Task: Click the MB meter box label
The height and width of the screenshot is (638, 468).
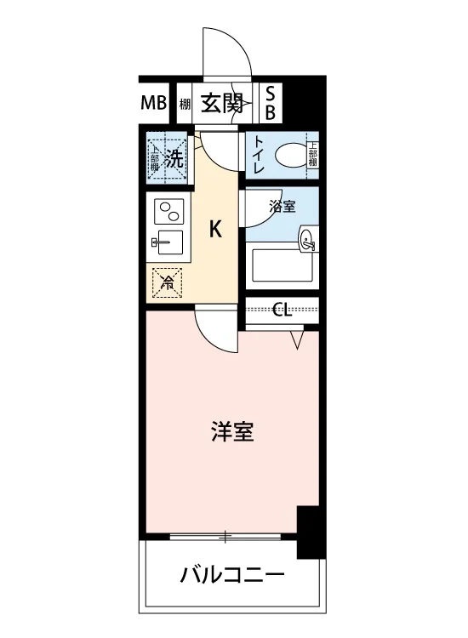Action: pyautogui.click(x=154, y=103)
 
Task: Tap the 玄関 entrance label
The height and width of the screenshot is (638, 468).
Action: pyautogui.click(x=223, y=103)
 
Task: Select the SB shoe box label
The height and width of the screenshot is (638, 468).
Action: pyautogui.click(x=271, y=103)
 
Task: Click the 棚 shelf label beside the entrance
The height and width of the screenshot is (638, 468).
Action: pyautogui.click(x=185, y=105)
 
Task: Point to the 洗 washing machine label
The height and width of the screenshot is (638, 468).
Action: pyautogui.click(x=174, y=158)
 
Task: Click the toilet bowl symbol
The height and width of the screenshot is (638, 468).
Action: pyautogui.click(x=290, y=156)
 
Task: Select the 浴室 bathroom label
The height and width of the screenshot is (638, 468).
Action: pyautogui.click(x=282, y=207)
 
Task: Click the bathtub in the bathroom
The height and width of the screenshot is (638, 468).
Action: pyautogui.click(x=283, y=265)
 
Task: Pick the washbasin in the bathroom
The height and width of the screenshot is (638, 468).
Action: pyautogui.click(x=308, y=239)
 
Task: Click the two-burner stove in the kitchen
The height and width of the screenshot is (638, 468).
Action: pyautogui.click(x=169, y=211)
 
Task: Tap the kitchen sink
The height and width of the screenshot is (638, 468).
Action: pyautogui.click(x=168, y=242)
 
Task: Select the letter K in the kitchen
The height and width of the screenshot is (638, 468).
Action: pyautogui.click(x=215, y=229)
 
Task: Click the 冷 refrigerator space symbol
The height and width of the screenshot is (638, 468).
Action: pyautogui.click(x=167, y=282)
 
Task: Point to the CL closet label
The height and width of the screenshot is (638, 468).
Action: pyautogui.click(x=282, y=310)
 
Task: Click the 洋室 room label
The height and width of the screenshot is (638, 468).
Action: pyautogui.click(x=232, y=431)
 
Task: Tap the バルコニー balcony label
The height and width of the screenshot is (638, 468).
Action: pyautogui.click(x=233, y=575)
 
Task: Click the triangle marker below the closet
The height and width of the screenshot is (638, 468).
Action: pyautogui.click(x=298, y=339)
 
